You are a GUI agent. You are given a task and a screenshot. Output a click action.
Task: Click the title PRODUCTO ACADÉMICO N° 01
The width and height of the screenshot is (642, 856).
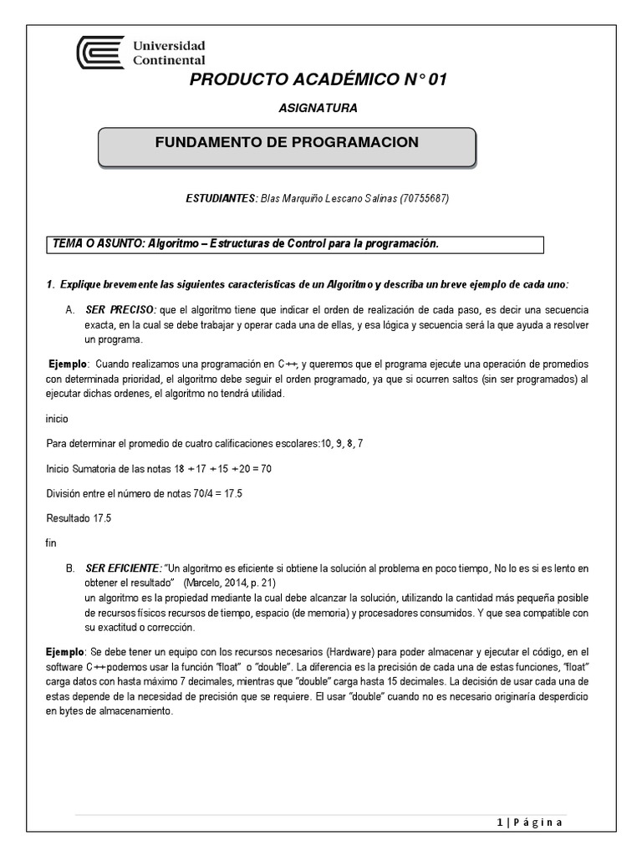pos(319,80)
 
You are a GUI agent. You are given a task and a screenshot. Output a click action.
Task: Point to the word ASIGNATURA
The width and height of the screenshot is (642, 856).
pos(317,108)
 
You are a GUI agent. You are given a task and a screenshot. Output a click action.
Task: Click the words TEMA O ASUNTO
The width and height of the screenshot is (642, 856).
pos(97,243)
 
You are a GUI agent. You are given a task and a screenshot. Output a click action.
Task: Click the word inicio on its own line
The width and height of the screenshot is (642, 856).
pos(58,418)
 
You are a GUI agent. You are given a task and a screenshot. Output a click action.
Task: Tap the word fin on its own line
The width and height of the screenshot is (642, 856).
pos(51,543)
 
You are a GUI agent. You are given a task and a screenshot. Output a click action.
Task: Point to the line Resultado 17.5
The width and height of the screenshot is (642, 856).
pos(78,518)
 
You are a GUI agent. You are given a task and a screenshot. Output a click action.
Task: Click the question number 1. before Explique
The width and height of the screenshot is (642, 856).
pos(50,285)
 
